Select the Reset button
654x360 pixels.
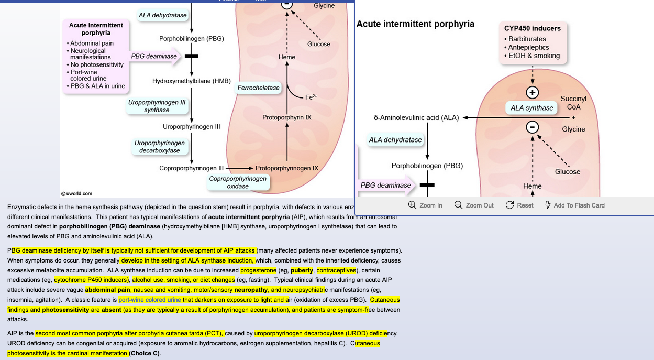point(519,205)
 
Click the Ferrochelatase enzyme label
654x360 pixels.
point(259,88)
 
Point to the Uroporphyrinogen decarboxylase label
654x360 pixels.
point(159,147)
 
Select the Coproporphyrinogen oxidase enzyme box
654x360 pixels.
point(238,182)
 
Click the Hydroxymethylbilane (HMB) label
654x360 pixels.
point(192,81)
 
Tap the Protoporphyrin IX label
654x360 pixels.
point(287,117)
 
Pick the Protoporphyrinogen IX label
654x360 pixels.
point(287,168)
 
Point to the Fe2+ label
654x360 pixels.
point(311,97)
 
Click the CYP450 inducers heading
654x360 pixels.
point(532,28)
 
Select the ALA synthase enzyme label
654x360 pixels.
point(531,108)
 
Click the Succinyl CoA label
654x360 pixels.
point(573,103)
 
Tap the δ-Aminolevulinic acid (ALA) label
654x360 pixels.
point(416,118)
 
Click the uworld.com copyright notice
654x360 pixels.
point(77,193)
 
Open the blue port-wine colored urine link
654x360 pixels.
point(150,300)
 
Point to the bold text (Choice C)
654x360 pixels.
point(145,353)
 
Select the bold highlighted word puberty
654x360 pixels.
point(302,270)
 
